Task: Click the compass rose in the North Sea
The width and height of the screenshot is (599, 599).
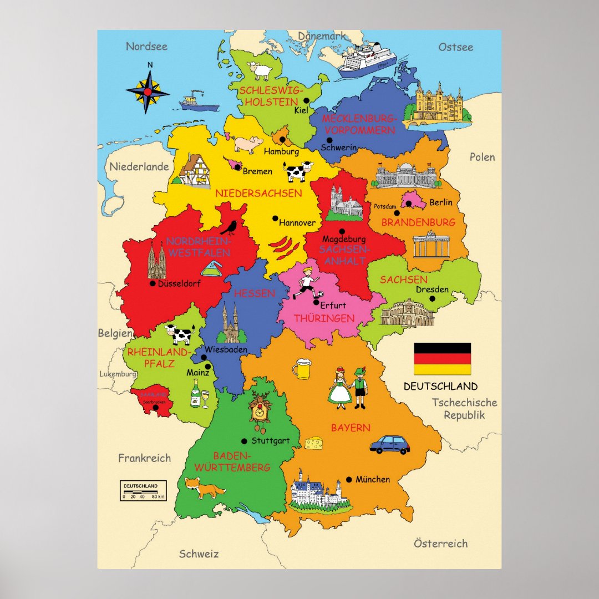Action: tap(148, 90)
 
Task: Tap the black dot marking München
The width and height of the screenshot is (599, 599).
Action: tap(349, 479)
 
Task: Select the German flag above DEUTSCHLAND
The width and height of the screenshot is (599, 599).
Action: tap(442, 359)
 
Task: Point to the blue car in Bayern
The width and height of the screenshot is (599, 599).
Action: tap(389, 444)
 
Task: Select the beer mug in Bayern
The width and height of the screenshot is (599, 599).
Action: tap(302, 369)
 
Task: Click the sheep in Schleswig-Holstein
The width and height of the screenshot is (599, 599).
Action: tap(260, 70)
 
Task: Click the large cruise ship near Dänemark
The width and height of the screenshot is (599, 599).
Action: tap(367, 60)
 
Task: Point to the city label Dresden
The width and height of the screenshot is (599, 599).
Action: tap(432, 289)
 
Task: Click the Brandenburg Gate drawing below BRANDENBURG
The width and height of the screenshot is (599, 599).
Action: tap(431, 245)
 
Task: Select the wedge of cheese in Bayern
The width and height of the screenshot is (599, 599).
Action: tap(313, 442)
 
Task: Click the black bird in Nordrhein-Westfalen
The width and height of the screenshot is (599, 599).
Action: tap(229, 227)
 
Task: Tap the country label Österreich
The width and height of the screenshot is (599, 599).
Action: tap(440, 544)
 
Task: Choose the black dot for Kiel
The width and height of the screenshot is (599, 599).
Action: tap(306, 100)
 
